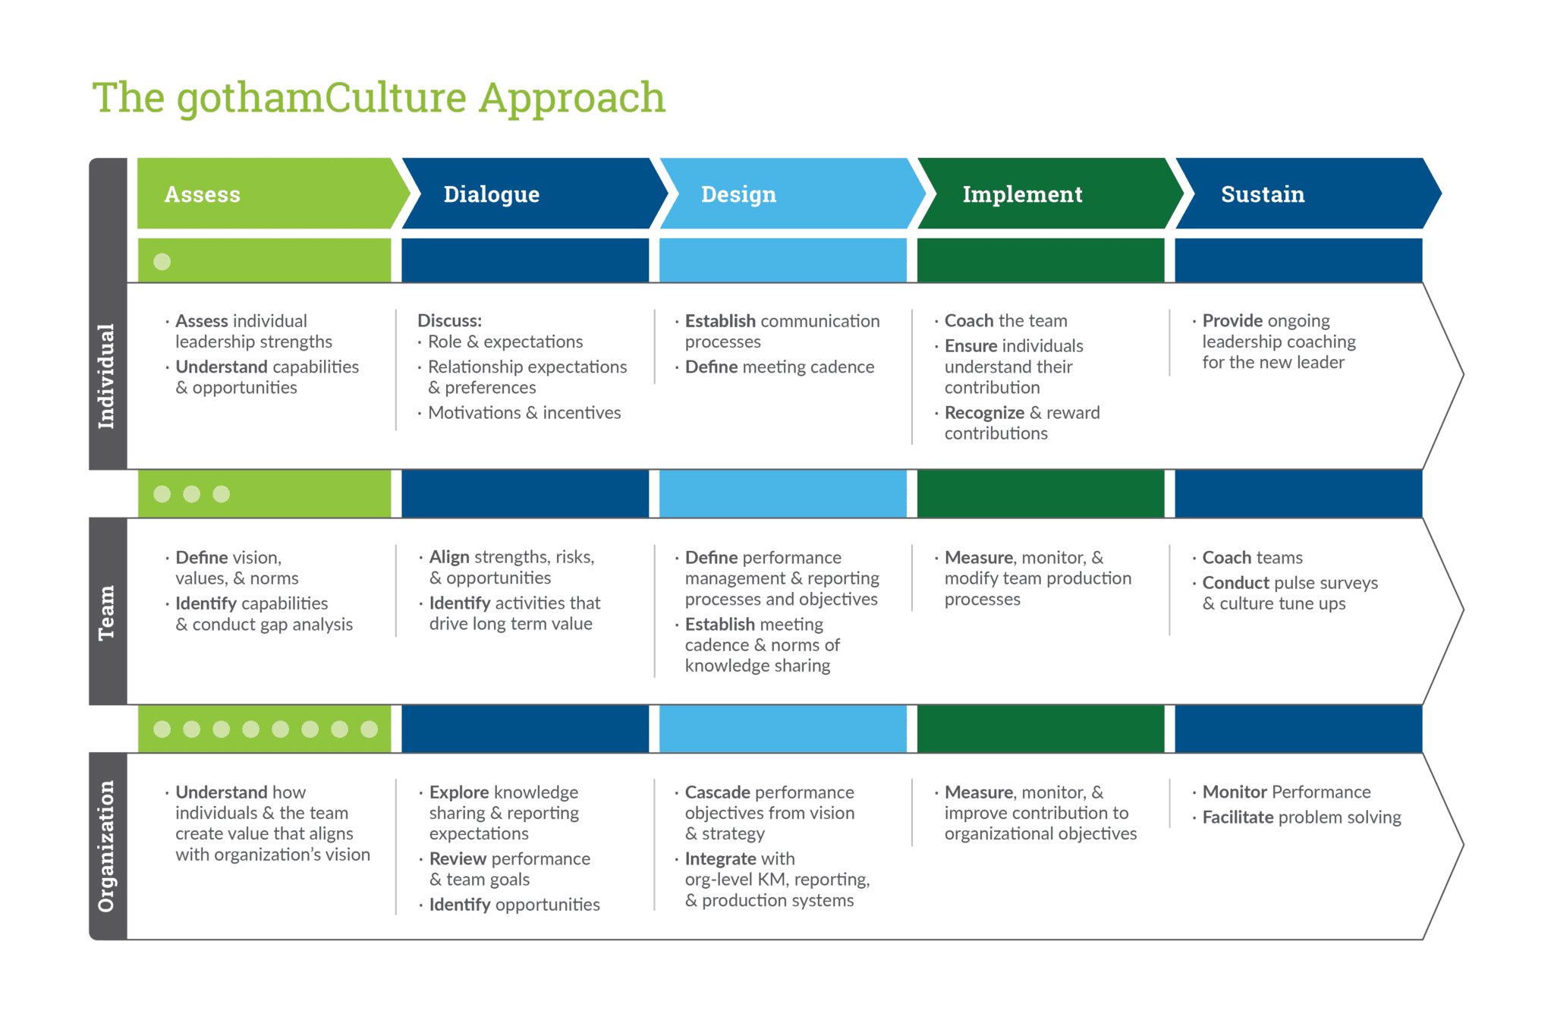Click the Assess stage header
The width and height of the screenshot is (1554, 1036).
click(x=203, y=194)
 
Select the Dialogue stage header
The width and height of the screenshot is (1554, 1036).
click(x=491, y=194)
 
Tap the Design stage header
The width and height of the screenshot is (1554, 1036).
click(x=738, y=194)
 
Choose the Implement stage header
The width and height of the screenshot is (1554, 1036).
click(x=1022, y=194)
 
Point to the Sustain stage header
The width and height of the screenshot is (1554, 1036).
click(x=1263, y=194)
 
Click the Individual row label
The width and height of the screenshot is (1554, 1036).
click(x=107, y=376)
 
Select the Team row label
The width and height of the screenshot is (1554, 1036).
click(x=107, y=612)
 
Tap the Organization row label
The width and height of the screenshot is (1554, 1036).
click(x=107, y=845)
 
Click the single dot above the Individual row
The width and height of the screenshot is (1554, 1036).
click(x=162, y=262)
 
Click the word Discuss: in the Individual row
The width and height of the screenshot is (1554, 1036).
click(x=449, y=321)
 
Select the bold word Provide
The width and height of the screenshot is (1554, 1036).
click(x=1232, y=321)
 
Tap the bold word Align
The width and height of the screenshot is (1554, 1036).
click(x=449, y=557)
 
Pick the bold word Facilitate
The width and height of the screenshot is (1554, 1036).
click(x=1238, y=817)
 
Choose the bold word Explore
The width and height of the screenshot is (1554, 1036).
click(x=459, y=792)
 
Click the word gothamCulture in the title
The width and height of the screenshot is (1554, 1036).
click(x=322, y=99)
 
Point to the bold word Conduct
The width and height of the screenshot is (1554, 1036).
click(x=1236, y=583)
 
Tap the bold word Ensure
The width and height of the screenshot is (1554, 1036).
click(x=970, y=346)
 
